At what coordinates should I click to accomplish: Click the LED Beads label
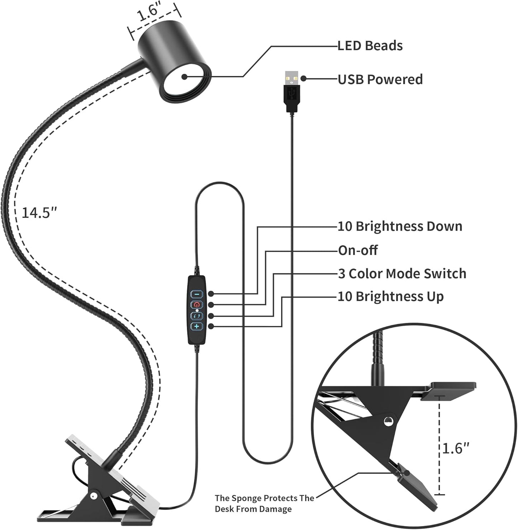(370, 46)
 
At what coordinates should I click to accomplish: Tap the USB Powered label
(380, 79)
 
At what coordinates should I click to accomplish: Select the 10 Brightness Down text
(400, 226)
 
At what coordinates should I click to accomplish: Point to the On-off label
(357, 250)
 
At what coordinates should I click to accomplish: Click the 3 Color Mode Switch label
(402, 274)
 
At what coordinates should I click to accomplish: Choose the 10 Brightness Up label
(390, 297)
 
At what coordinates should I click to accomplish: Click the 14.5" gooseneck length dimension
(39, 213)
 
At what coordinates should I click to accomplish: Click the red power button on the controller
(196, 305)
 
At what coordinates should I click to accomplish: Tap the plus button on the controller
(196, 326)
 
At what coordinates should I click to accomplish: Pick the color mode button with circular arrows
(196, 316)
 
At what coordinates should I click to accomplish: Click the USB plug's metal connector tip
(292, 77)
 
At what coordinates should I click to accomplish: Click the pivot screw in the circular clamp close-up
(387, 421)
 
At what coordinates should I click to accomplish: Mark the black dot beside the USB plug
(304, 79)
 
